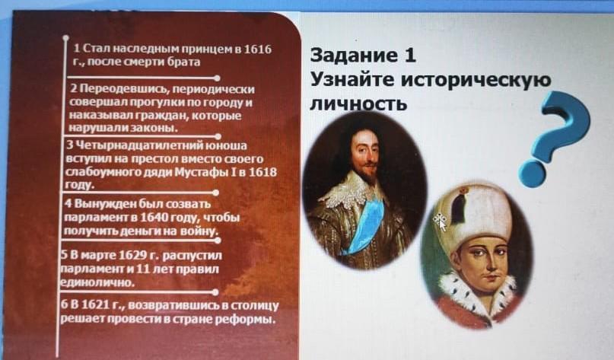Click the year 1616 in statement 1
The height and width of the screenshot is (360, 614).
point(257,49)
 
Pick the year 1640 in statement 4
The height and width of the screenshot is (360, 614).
point(154,217)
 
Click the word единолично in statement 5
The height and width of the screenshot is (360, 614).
point(97,282)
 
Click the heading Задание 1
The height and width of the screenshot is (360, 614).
point(363,56)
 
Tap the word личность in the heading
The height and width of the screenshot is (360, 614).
point(358,104)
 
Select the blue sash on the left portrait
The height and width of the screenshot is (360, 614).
point(365,226)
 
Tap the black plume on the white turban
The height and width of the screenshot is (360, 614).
point(459,205)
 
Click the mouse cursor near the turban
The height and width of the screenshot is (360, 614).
point(440,221)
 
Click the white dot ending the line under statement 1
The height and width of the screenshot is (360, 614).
point(217,78)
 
